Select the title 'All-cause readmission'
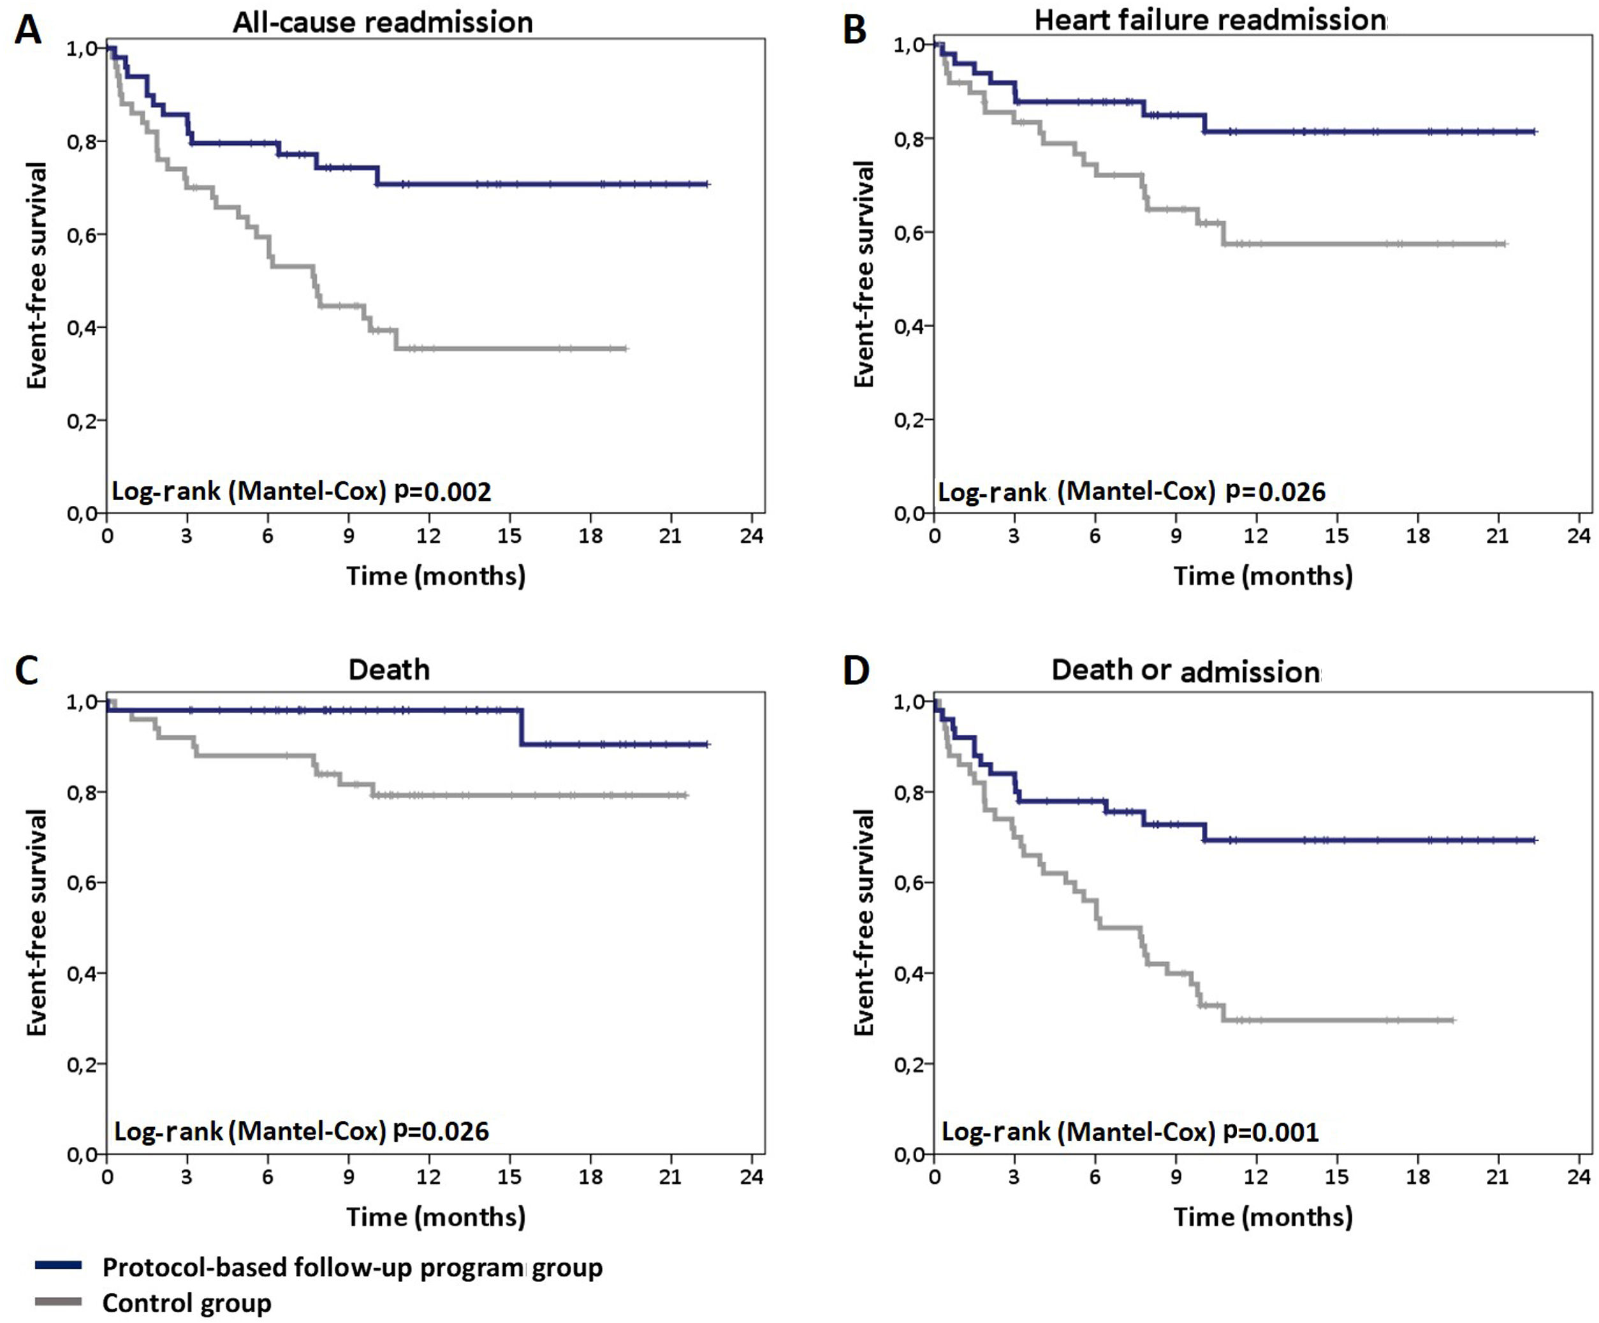coord(383,23)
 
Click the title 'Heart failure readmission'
coord(1210,20)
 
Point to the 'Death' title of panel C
coord(389,670)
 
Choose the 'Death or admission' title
coord(1186,671)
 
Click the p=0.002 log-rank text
coord(442,491)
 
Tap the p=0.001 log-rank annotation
coord(1270,1132)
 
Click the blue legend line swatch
coord(58,1265)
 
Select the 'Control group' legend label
coord(187,1303)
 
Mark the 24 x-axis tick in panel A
coord(752,536)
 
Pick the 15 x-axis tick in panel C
coord(509,1177)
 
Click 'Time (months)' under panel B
coord(1262,576)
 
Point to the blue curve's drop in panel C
coord(522,727)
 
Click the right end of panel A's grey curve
coord(625,349)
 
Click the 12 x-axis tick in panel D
coord(1255,1177)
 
